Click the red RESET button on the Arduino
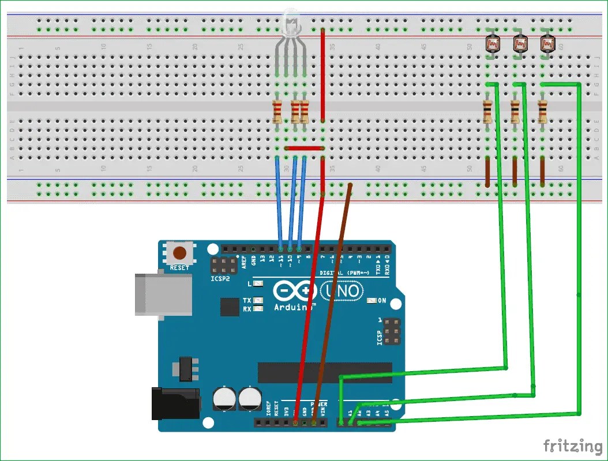pos(181,253)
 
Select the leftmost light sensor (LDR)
pos(492,44)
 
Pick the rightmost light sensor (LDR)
pos(546,44)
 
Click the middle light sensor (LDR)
pos(519,44)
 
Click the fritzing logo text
pos(572,445)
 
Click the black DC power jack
pos(175,403)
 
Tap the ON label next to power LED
pos(397,300)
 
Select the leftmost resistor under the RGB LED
pos(277,112)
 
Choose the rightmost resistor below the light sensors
pos(542,112)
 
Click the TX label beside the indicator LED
pos(247,300)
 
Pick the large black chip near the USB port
pos(230,307)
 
